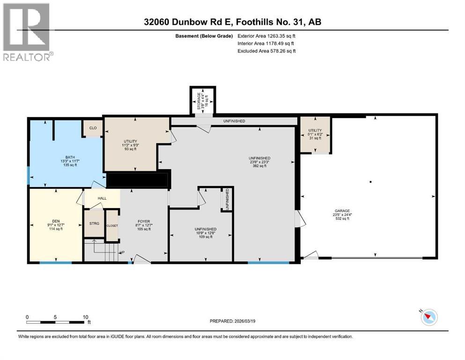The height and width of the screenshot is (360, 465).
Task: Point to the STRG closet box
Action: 94,224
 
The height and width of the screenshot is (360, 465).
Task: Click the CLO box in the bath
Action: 93,127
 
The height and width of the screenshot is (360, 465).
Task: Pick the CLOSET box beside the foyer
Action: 112,225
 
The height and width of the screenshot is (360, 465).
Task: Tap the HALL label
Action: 102,198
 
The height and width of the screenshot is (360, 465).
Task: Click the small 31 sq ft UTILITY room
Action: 315,135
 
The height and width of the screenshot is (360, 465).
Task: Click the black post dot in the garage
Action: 370,182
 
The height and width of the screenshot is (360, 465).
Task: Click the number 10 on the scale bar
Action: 86,317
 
